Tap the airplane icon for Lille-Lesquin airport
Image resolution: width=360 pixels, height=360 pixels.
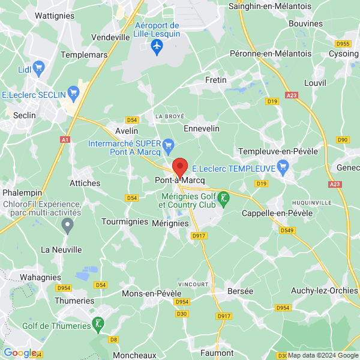click(x=158, y=46)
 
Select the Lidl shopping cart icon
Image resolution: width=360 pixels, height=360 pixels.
click(x=40, y=67)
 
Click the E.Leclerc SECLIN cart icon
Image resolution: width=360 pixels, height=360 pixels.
click(x=74, y=93)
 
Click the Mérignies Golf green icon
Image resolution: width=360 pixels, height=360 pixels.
click(x=223, y=197)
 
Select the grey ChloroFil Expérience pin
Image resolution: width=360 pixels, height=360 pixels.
click(x=67, y=226)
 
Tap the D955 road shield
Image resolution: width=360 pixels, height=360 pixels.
click(x=343, y=44)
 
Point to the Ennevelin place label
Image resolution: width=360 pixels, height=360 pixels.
click(x=201, y=128)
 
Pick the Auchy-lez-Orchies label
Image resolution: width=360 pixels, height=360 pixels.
click(x=326, y=291)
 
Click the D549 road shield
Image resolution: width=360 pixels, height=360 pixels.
click(x=287, y=230)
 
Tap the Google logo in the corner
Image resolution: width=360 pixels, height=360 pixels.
click(x=20, y=353)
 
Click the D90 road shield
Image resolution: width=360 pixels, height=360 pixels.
click(x=343, y=140)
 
